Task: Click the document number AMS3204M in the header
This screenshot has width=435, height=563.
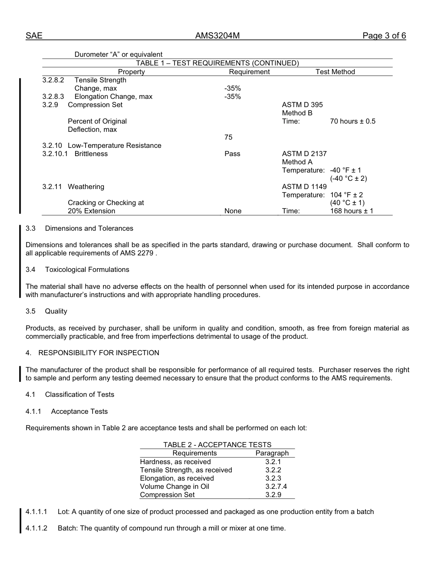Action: tap(217, 36)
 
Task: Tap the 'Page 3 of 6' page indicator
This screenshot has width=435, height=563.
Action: tap(384, 36)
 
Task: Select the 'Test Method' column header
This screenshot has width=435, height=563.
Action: tap(335, 72)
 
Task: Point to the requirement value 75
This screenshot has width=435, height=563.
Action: tap(228, 137)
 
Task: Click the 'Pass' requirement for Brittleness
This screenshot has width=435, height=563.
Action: tap(232, 154)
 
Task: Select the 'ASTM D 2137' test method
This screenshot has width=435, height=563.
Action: tap(304, 154)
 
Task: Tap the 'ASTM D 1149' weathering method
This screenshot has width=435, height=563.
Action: tap(304, 187)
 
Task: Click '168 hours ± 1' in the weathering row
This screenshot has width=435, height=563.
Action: tap(352, 211)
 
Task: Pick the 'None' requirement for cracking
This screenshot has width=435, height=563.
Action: tap(233, 211)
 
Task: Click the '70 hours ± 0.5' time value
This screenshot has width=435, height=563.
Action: tap(353, 121)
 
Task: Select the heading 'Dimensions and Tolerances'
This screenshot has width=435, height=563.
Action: tap(89, 228)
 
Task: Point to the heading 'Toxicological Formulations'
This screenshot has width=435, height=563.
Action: tap(87, 270)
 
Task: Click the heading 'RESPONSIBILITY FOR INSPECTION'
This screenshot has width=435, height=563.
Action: tap(98, 353)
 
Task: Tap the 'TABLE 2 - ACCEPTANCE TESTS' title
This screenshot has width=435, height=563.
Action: tap(217, 445)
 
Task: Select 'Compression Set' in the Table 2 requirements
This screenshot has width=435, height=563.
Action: tap(167, 495)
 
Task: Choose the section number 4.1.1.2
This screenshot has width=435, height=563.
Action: tap(37, 528)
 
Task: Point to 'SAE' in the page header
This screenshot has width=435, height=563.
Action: tap(34, 36)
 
